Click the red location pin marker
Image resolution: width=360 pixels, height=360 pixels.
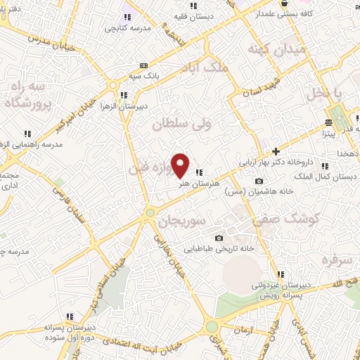coord(180,164)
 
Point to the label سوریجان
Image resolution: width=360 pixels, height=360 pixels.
coord(180,221)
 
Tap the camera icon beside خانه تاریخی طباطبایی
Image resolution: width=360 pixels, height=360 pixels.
coord(218,238)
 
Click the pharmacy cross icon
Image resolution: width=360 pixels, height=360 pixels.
coord(276,151)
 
